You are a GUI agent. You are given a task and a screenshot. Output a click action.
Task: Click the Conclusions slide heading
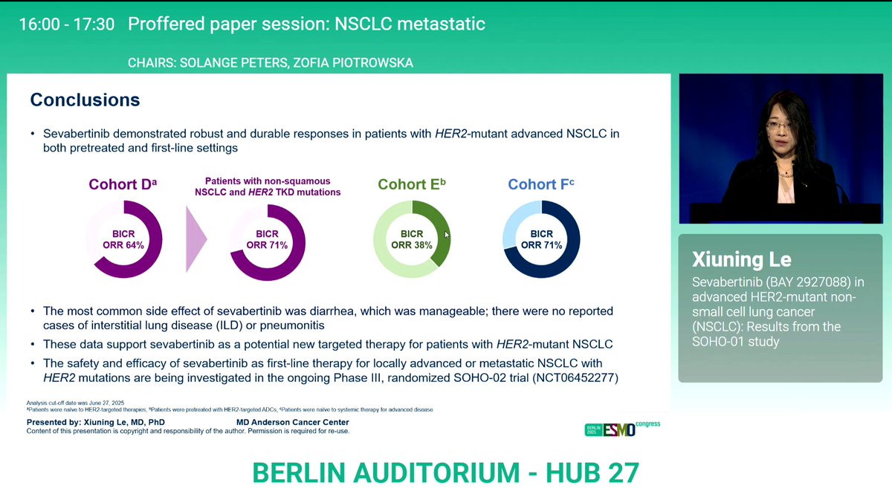coord(85,100)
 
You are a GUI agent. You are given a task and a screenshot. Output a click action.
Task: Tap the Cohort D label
coord(123,185)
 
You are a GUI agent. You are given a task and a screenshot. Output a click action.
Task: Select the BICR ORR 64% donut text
coord(123,239)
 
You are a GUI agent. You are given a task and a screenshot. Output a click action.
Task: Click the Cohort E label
coord(411,185)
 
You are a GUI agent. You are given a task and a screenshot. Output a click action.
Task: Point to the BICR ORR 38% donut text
coord(411,239)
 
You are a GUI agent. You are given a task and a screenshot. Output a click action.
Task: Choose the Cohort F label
coord(541,185)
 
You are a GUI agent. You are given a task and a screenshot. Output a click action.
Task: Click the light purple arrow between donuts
coord(195,239)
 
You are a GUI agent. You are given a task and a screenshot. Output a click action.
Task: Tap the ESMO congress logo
coord(622,429)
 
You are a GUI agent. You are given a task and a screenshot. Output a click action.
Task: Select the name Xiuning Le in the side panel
coord(742,259)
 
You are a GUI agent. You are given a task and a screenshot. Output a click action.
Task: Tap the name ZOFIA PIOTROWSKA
coord(355,63)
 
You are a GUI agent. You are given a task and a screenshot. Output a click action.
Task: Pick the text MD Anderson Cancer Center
coord(292,422)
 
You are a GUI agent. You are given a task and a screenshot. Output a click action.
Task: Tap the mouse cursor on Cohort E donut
coord(447,235)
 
